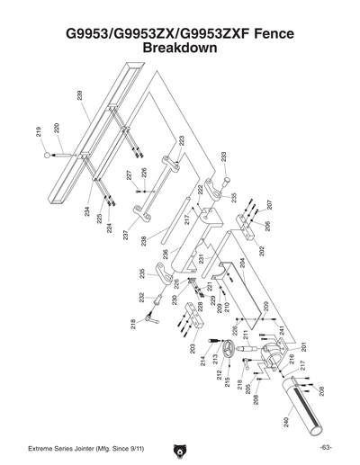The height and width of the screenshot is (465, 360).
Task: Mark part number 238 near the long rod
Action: coord(142,241)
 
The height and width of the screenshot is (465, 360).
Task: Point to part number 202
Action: coord(262,252)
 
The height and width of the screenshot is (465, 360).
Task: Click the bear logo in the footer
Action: coord(179,448)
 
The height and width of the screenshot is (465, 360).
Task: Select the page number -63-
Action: coord(325,448)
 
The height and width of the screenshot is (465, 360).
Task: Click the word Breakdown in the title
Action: coord(180,48)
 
